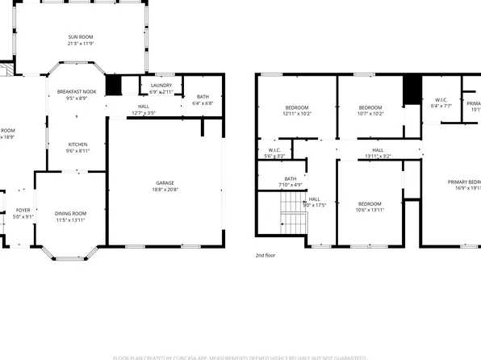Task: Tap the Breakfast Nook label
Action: [77, 92]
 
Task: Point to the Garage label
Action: [165, 183]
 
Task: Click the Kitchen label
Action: [77, 144]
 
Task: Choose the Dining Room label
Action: [71, 213]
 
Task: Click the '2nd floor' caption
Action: [264, 254]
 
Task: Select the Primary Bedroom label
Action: [464, 182]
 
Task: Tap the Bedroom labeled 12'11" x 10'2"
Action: [296, 107]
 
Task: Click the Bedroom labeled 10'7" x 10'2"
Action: [370, 107]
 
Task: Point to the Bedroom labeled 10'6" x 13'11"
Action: [370, 203]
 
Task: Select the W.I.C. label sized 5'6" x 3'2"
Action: [274, 150]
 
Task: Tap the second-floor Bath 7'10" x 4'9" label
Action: [291, 179]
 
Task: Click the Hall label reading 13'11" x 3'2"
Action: [377, 150]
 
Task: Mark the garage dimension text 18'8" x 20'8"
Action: [165, 189]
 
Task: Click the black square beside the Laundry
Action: [113, 85]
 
